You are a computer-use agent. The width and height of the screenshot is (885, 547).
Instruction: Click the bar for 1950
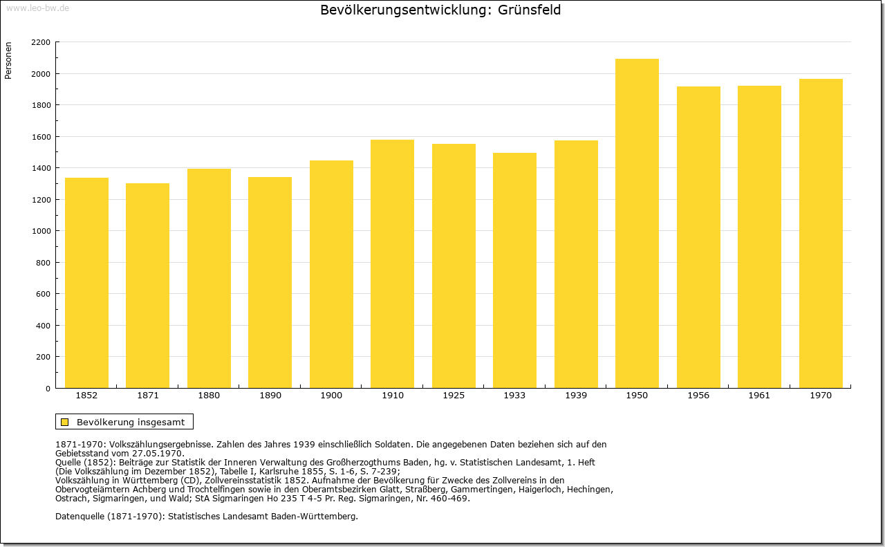637,223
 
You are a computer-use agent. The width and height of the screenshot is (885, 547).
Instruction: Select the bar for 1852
86,283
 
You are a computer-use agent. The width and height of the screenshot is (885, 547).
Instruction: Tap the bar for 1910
392,263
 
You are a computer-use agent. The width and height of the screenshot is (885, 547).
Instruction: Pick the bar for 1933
514,270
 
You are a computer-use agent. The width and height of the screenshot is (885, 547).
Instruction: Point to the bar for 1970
821,233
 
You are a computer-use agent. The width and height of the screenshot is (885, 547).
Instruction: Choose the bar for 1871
148,286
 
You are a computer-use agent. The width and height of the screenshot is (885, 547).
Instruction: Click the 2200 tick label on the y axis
41,42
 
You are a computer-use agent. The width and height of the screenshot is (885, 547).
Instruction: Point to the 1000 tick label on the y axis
41,231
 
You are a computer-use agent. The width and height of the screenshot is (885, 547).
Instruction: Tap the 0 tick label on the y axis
48,389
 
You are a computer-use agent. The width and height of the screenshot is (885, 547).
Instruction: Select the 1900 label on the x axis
331,396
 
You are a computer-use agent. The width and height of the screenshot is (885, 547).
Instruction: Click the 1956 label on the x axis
698,396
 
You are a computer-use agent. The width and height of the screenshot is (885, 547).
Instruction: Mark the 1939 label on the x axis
576,396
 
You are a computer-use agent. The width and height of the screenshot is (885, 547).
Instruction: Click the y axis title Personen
8,60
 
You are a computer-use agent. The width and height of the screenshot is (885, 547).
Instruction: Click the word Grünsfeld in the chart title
529,10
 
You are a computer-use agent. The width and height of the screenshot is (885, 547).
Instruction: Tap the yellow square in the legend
65,422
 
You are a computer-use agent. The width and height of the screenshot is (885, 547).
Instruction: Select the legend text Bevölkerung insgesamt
131,422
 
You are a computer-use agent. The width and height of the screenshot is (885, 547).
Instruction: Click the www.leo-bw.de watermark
37,8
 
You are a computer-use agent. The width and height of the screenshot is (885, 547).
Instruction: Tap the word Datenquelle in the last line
80,517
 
